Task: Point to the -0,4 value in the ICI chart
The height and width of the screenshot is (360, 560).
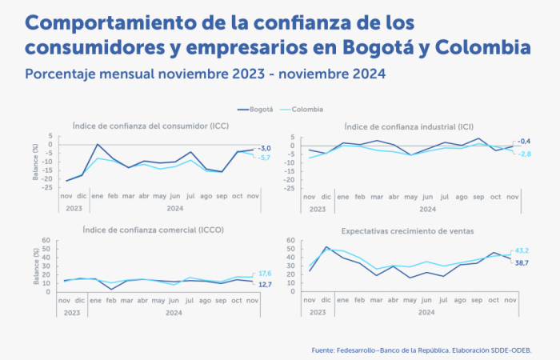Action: (x=526, y=142)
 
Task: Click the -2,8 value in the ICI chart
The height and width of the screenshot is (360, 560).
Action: (x=526, y=153)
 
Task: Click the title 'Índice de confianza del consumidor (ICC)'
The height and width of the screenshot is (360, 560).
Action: (x=150, y=126)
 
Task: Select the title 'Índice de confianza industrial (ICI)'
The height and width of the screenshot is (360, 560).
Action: (x=408, y=126)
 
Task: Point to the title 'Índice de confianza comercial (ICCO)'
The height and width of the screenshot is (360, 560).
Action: (x=153, y=230)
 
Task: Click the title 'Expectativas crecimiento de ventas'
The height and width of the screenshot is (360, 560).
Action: (x=407, y=230)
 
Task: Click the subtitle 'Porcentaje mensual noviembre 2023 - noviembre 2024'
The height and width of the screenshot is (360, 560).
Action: (x=206, y=74)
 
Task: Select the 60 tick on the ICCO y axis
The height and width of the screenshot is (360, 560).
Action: (x=46, y=240)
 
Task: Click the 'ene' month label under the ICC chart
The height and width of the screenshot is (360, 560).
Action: (x=98, y=195)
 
